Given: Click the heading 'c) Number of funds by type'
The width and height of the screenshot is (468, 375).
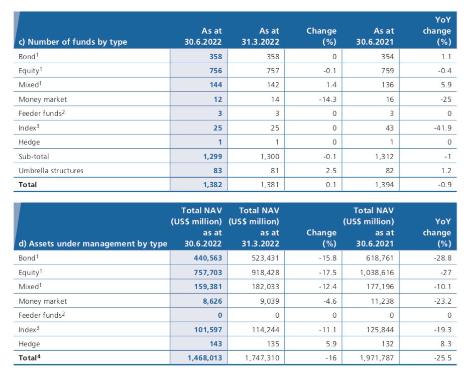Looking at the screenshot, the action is click(73, 42).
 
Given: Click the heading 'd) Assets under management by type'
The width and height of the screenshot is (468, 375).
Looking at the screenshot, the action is click(93, 244).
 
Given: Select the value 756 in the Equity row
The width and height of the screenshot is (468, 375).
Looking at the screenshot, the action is click(215, 71).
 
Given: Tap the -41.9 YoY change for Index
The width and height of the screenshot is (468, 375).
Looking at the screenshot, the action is click(442, 128).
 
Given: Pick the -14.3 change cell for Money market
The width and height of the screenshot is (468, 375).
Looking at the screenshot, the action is click(327, 99).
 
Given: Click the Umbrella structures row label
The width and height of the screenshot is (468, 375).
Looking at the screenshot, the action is click(51, 171).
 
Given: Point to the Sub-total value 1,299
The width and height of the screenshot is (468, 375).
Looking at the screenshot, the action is click(212, 157).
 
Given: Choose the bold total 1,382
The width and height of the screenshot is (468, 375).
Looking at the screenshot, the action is click(212, 185).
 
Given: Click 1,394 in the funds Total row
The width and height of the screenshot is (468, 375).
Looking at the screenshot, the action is click(385, 185).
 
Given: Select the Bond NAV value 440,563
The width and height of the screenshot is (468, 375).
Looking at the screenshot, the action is click(208, 258).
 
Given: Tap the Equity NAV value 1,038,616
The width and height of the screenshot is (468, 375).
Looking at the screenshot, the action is click(377, 273).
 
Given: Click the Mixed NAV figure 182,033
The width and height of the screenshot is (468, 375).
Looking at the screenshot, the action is click(265, 287).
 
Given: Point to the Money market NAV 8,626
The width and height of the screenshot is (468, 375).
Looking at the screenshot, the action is click(212, 301).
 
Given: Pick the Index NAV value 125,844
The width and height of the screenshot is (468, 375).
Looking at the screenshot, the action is click(380, 330).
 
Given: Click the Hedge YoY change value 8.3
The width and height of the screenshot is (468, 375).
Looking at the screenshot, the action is click(446, 344).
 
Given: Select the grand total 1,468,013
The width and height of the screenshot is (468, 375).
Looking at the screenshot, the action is click(205, 358).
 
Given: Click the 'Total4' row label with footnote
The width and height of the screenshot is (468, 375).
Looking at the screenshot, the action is click(29, 357).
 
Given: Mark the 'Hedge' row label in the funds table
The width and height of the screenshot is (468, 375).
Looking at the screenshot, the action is click(29, 142).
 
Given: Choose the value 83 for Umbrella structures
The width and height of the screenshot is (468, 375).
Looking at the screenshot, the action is click(217, 171).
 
